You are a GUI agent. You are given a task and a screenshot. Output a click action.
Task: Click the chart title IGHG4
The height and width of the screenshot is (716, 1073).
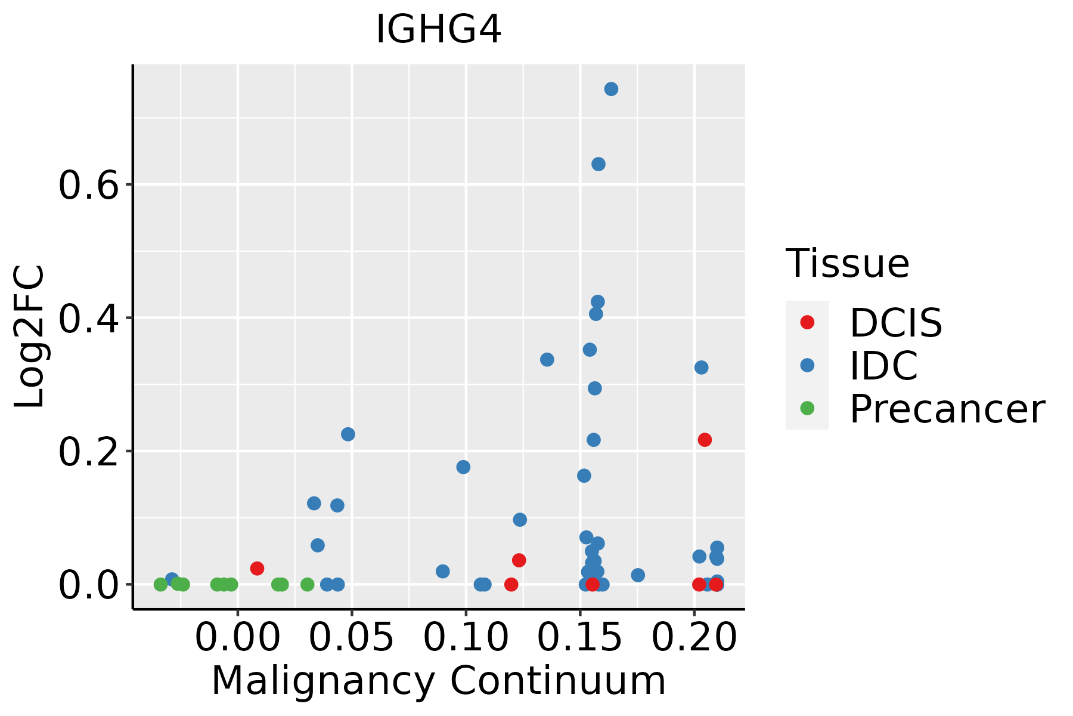click(x=438, y=30)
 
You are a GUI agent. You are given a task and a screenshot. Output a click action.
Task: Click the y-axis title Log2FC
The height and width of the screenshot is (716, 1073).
click(x=30, y=337)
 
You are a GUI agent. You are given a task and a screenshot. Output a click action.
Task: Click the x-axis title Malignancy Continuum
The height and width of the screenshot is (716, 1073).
click(x=438, y=681)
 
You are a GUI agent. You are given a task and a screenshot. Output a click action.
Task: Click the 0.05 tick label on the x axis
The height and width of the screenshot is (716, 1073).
click(x=352, y=637)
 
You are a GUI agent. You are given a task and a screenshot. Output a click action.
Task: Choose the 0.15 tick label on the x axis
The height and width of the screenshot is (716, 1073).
click(x=580, y=637)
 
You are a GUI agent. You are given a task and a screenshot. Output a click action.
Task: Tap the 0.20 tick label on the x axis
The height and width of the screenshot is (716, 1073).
click(x=694, y=637)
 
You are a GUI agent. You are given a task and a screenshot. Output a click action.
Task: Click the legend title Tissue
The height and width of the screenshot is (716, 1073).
click(x=847, y=263)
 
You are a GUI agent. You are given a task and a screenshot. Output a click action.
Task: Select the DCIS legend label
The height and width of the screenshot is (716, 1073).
click(x=895, y=323)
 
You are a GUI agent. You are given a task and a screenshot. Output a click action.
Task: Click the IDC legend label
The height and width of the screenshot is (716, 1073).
click(x=883, y=366)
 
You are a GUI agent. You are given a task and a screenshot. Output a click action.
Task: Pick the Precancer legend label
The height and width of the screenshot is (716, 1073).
click(x=947, y=409)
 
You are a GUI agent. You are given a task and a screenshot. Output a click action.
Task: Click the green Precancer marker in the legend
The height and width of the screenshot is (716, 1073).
click(x=807, y=408)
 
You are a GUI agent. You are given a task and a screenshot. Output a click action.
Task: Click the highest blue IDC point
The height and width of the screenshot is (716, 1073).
click(x=611, y=89)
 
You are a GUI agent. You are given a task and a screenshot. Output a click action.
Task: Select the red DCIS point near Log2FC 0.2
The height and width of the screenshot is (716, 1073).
click(x=705, y=440)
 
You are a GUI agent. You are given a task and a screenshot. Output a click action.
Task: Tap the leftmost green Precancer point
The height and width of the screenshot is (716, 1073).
click(x=160, y=584)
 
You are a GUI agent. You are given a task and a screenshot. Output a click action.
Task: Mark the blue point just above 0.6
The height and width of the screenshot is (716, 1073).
click(x=598, y=164)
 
